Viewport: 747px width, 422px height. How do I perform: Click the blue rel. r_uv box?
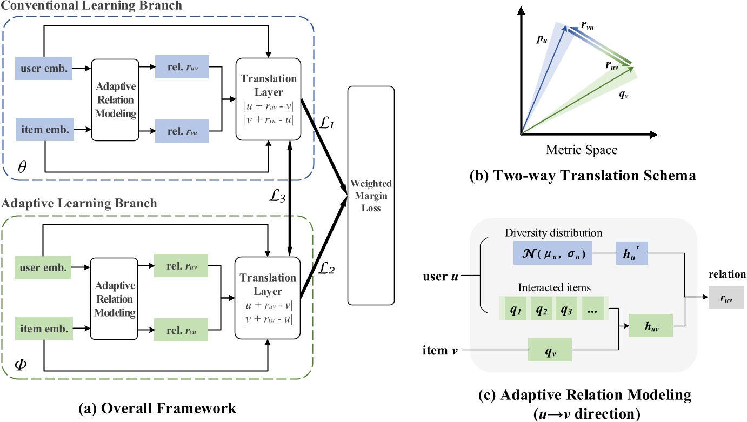pos(181,69)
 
